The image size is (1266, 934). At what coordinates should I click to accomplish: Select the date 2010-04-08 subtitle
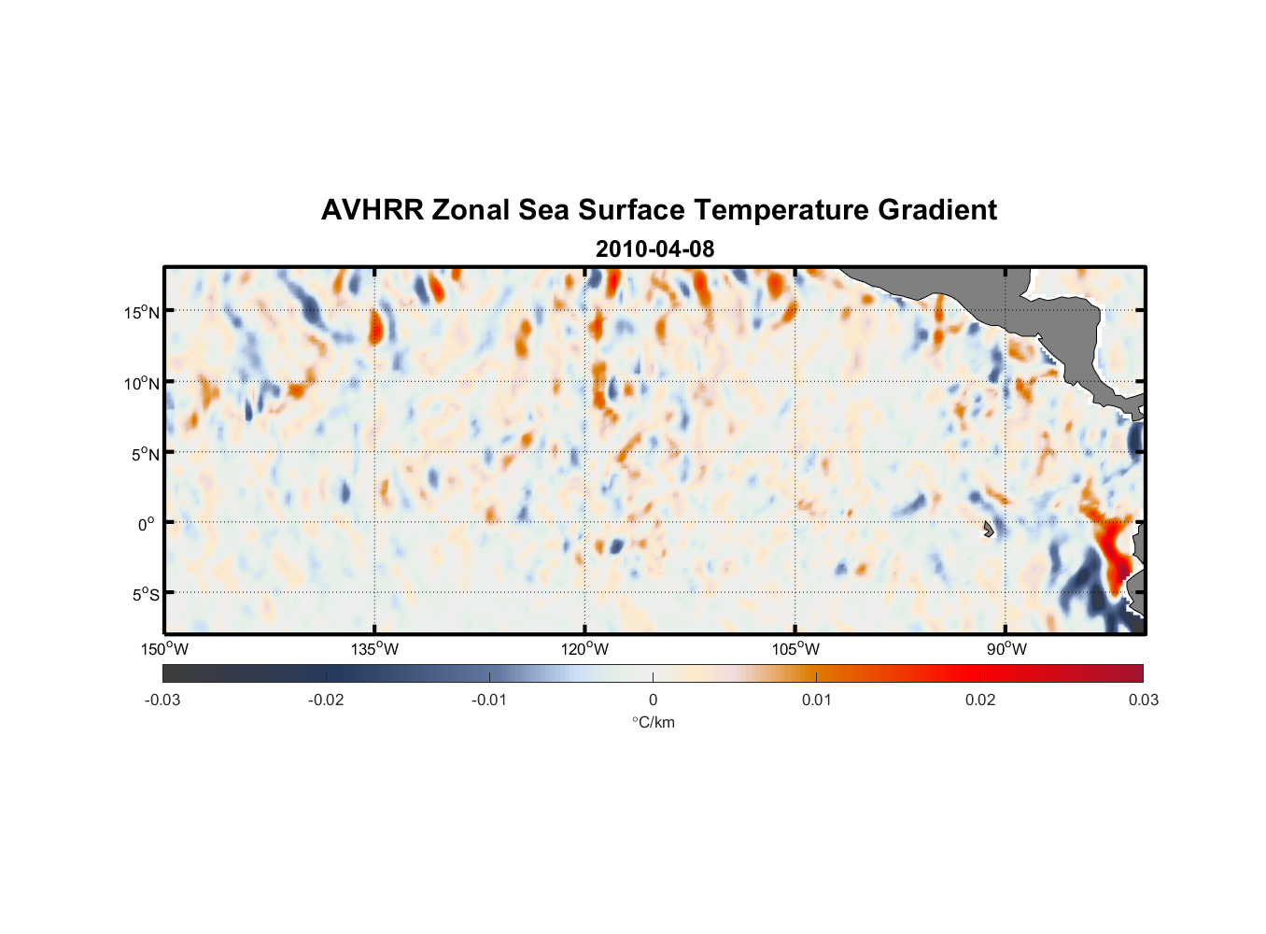click(x=654, y=249)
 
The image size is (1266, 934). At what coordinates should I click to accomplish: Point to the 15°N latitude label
click(x=142, y=312)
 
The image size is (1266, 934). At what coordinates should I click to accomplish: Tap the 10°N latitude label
click(x=142, y=383)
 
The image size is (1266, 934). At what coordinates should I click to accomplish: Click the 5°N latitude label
click(x=146, y=454)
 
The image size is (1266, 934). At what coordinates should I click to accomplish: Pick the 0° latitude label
click(x=146, y=524)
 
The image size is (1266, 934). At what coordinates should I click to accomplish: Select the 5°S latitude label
click(x=146, y=594)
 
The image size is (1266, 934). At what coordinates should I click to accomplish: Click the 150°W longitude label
click(x=165, y=649)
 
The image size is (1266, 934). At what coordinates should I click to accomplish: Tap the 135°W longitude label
click(x=375, y=649)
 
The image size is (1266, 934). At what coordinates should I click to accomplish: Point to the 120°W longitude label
click(x=585, y=649)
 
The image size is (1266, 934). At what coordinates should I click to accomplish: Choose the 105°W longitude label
click(x=795, y=649)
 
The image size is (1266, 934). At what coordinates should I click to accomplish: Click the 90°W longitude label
click(x=1006, y=649)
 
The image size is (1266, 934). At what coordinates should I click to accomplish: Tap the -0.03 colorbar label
click(x=162, y=700)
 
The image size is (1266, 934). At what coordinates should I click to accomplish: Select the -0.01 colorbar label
click(x=489, y=700)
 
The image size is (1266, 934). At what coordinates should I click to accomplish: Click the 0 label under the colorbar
click(x=653, y=700)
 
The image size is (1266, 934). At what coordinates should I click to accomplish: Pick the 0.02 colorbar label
click(x=980, y=700)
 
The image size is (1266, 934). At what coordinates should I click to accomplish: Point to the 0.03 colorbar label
click(x=1143, y=700)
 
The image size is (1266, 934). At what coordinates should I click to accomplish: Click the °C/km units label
click(x=653, y=722)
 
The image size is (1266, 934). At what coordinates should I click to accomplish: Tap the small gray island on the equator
click(x=988, y=529)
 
